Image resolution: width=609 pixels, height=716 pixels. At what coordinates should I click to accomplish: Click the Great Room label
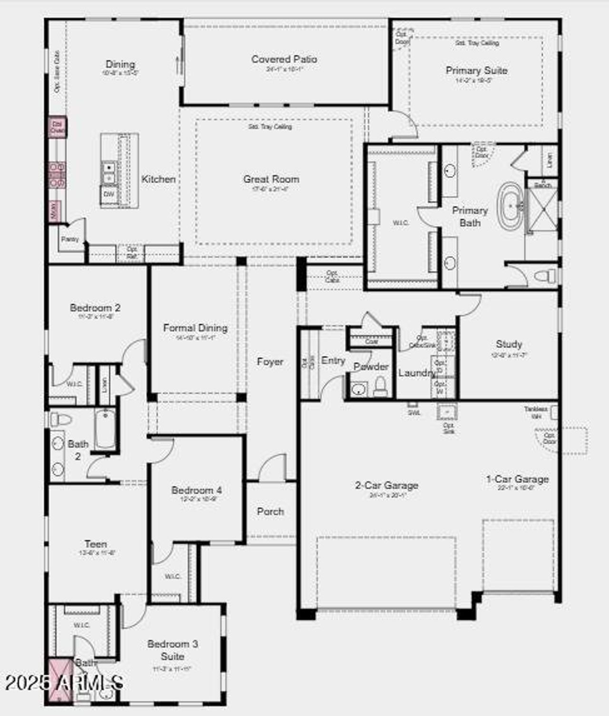[271, 179]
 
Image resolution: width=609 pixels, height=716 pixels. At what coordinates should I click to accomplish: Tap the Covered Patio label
[284, 59]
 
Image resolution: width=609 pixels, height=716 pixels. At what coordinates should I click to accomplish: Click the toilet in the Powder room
[381, 387]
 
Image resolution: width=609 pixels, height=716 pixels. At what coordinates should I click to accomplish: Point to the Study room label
[509, 344]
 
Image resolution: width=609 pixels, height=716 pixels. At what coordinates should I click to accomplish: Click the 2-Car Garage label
[386, 485]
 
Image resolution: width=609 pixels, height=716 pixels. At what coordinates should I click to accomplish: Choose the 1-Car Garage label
[517, 479]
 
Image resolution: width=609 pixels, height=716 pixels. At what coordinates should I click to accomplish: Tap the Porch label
[270, 512]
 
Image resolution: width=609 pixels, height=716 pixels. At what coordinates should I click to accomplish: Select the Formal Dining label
[195, 328]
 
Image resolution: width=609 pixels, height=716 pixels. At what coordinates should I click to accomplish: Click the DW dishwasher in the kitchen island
[109, 194]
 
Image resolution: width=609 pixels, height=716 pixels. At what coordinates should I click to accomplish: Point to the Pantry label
[70, 239]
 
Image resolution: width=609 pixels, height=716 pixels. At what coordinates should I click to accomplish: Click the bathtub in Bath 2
[105, 429]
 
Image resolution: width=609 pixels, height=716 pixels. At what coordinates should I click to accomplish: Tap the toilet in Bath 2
[61, 419]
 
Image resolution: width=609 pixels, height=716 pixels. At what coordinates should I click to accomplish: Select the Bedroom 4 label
[196, 490]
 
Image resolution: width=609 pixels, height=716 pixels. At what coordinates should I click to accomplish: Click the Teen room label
[96, 544]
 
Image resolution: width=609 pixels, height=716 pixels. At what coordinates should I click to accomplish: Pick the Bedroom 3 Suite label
[172, 650]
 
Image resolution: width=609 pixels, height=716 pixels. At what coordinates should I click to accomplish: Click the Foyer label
[270, 362]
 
